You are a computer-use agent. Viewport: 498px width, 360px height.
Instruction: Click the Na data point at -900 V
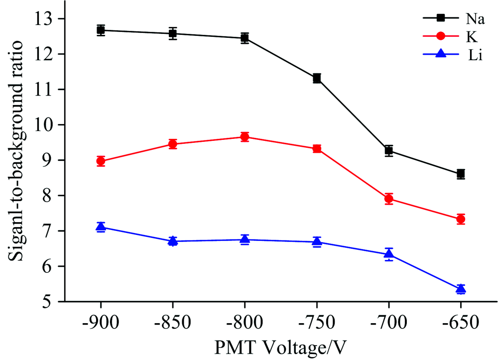coord(101,30)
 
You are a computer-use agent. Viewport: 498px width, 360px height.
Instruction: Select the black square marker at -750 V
coord(317,78)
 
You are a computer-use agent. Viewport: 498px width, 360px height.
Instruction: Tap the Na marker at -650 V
coord(461,174)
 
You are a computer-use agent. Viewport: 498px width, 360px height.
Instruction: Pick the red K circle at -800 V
coord(245,137)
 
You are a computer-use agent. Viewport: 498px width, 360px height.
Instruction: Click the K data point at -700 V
coord(389,199)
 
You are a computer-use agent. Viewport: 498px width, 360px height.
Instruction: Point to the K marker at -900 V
coord(101,161)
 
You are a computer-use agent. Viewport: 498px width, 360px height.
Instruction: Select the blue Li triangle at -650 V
coord(461,289)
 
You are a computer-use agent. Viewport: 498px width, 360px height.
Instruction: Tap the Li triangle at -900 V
coord(101,227)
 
